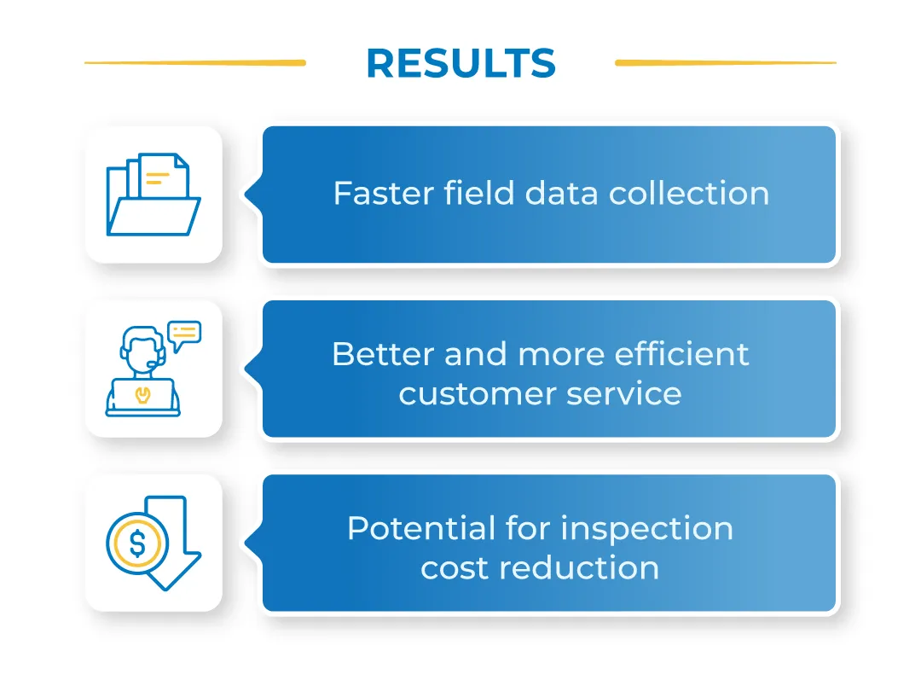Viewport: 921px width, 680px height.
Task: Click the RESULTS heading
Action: [x=460, y=63]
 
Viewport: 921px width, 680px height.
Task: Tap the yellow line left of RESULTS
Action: [x=195, y=62]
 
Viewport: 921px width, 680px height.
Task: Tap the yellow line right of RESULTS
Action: [x=725, y=62]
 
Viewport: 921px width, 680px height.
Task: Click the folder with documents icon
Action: [x=153, y=195]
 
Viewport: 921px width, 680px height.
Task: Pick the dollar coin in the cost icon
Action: [x=137, y=542]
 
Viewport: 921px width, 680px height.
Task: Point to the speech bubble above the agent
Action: [x=184, y=334]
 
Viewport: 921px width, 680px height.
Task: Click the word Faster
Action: [x=383, y=194]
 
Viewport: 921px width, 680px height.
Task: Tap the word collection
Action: [x=689, y=194]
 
